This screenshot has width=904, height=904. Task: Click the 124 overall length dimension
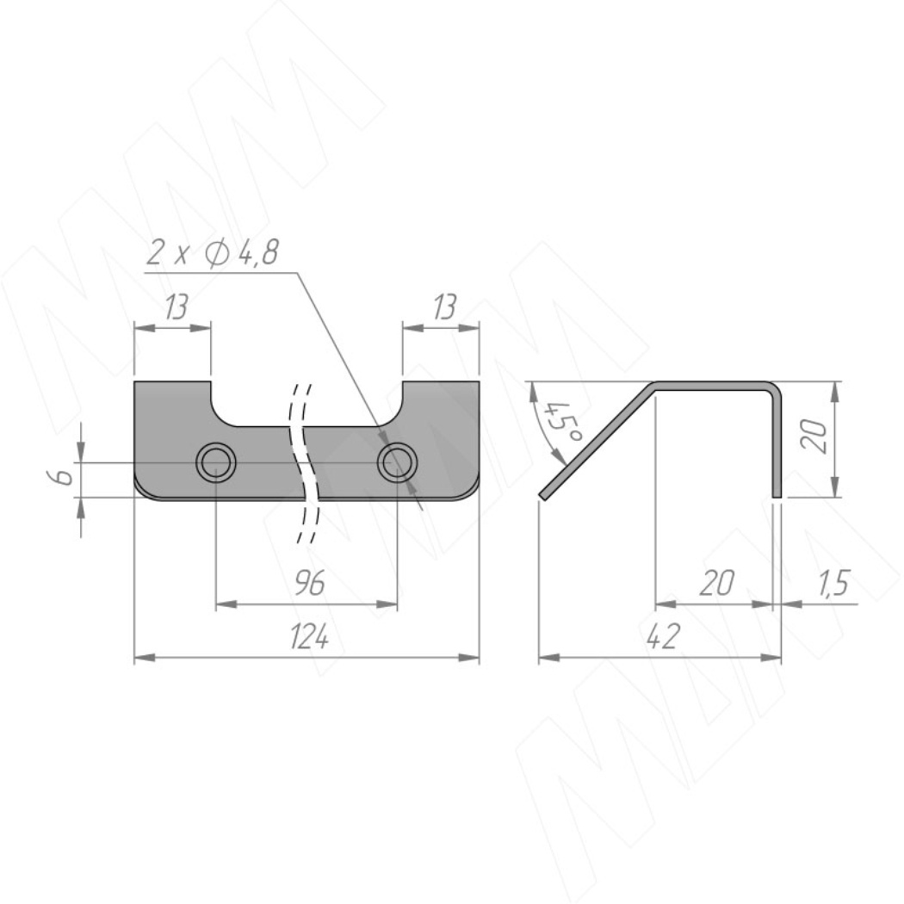coord(310,638)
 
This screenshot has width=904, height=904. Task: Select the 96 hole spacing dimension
coord(310,584)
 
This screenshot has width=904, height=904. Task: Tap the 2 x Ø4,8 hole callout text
coord(212,252)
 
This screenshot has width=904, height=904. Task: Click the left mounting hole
coord(215,462)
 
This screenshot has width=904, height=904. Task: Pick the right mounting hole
coord(398,462)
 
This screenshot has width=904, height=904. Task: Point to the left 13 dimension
coord(176,306)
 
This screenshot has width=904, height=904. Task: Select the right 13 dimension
coord(444,306)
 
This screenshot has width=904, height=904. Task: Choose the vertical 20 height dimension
coord(814,437)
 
